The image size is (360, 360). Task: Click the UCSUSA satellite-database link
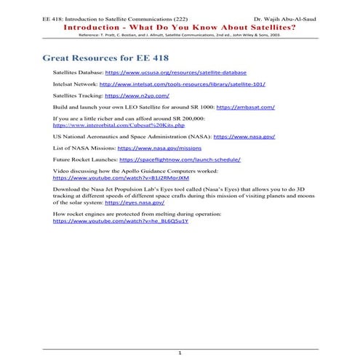click(x=176, y=73)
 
